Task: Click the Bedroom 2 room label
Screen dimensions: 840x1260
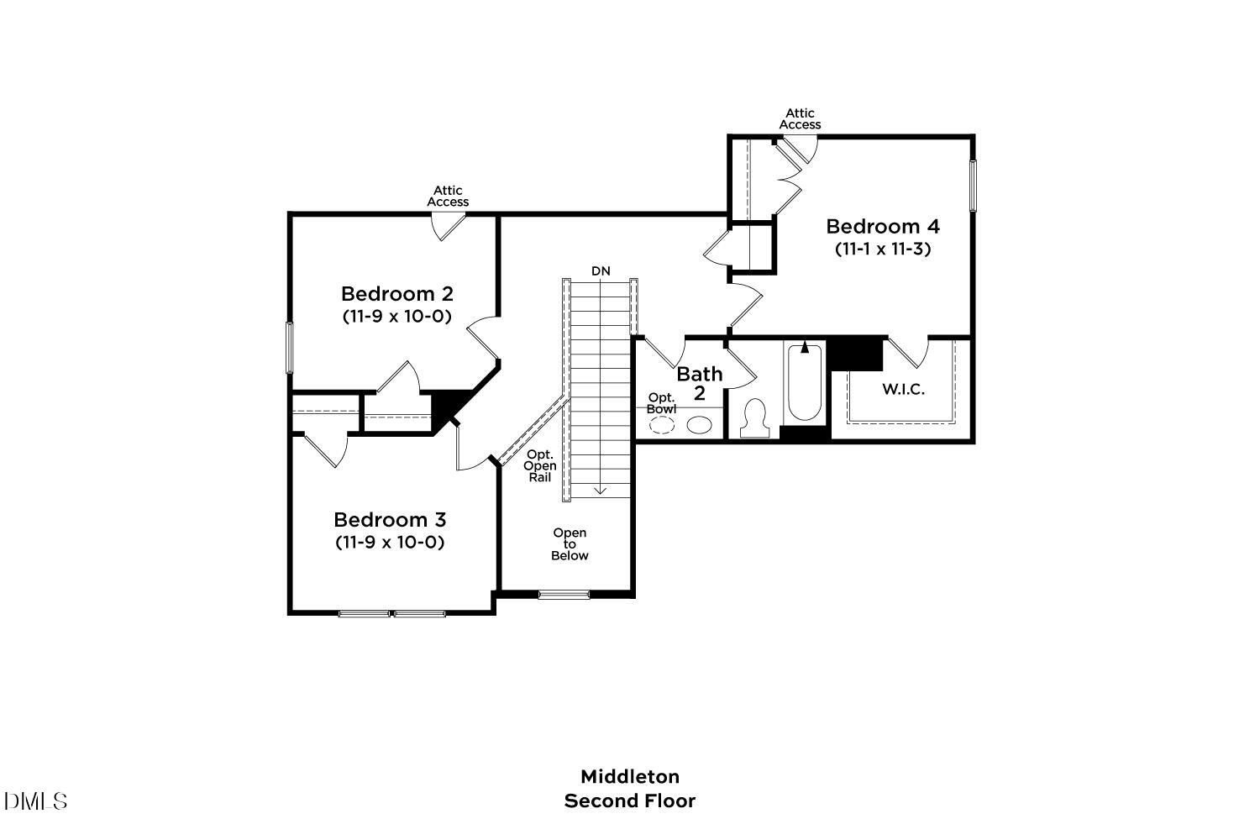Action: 396,294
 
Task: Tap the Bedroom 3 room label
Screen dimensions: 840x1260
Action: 389,520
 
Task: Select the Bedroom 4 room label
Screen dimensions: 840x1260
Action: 882,226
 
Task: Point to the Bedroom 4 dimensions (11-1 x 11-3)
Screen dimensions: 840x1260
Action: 882,249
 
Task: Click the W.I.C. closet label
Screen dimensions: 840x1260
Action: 903,390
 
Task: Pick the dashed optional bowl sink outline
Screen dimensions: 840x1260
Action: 662,424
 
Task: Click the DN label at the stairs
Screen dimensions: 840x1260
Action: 601,270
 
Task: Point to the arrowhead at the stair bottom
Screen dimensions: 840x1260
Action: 601,491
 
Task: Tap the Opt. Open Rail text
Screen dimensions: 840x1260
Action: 539,466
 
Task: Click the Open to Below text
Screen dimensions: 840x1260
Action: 570,544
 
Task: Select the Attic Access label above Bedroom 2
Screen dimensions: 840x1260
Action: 448,197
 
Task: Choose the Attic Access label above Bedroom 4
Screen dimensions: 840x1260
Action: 800,119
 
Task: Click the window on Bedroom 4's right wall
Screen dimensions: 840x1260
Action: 974,186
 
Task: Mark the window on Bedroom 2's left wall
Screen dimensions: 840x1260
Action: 290,348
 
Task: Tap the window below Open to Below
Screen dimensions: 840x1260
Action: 564,595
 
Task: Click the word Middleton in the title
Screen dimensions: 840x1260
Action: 629,776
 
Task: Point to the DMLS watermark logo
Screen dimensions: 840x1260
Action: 35,801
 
